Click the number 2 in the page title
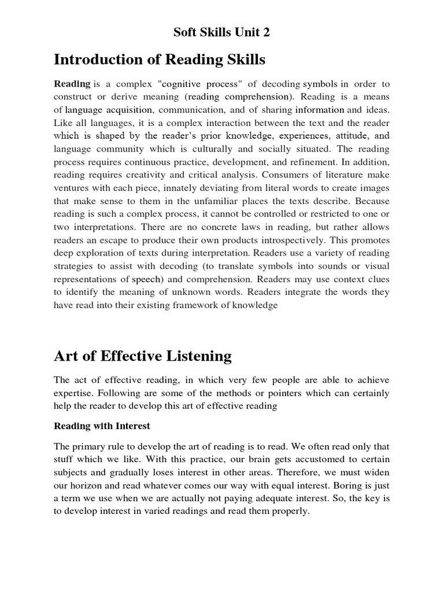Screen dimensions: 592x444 [x=266, y=32]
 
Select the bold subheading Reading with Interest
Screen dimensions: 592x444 [x=102, y=426]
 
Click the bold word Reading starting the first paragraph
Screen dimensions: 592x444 [x=72, y=84]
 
